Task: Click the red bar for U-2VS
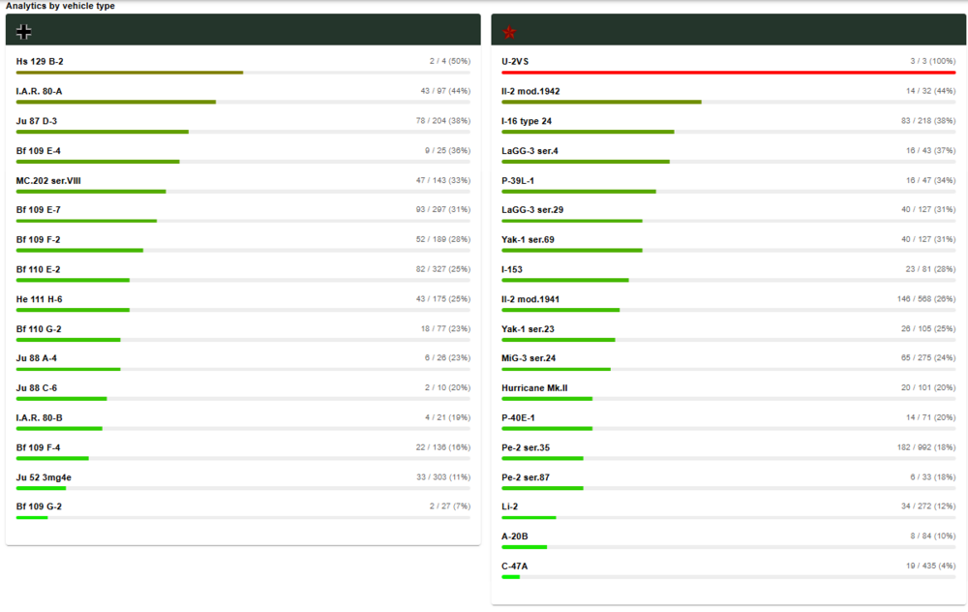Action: point(728,72)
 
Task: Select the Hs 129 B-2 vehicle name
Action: point(40,61)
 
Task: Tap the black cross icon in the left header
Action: point(24,32)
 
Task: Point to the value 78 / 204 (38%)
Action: point(443,121)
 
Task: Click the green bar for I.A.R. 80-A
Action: point(116,102)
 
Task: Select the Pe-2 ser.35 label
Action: point(526,447)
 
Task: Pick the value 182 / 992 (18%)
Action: point(926,447)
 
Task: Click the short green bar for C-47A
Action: point(511,577)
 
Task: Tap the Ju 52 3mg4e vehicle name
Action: point(44,476)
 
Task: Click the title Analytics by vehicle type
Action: point(60,6)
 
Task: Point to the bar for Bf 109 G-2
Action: point(32,517)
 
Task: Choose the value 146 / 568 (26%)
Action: point(926,299)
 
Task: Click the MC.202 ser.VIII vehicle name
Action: point(48,180)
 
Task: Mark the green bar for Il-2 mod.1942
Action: point(601,102)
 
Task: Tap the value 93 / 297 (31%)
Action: point(443,210)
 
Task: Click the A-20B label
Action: point(515,536)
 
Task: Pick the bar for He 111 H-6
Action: point(73,310)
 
